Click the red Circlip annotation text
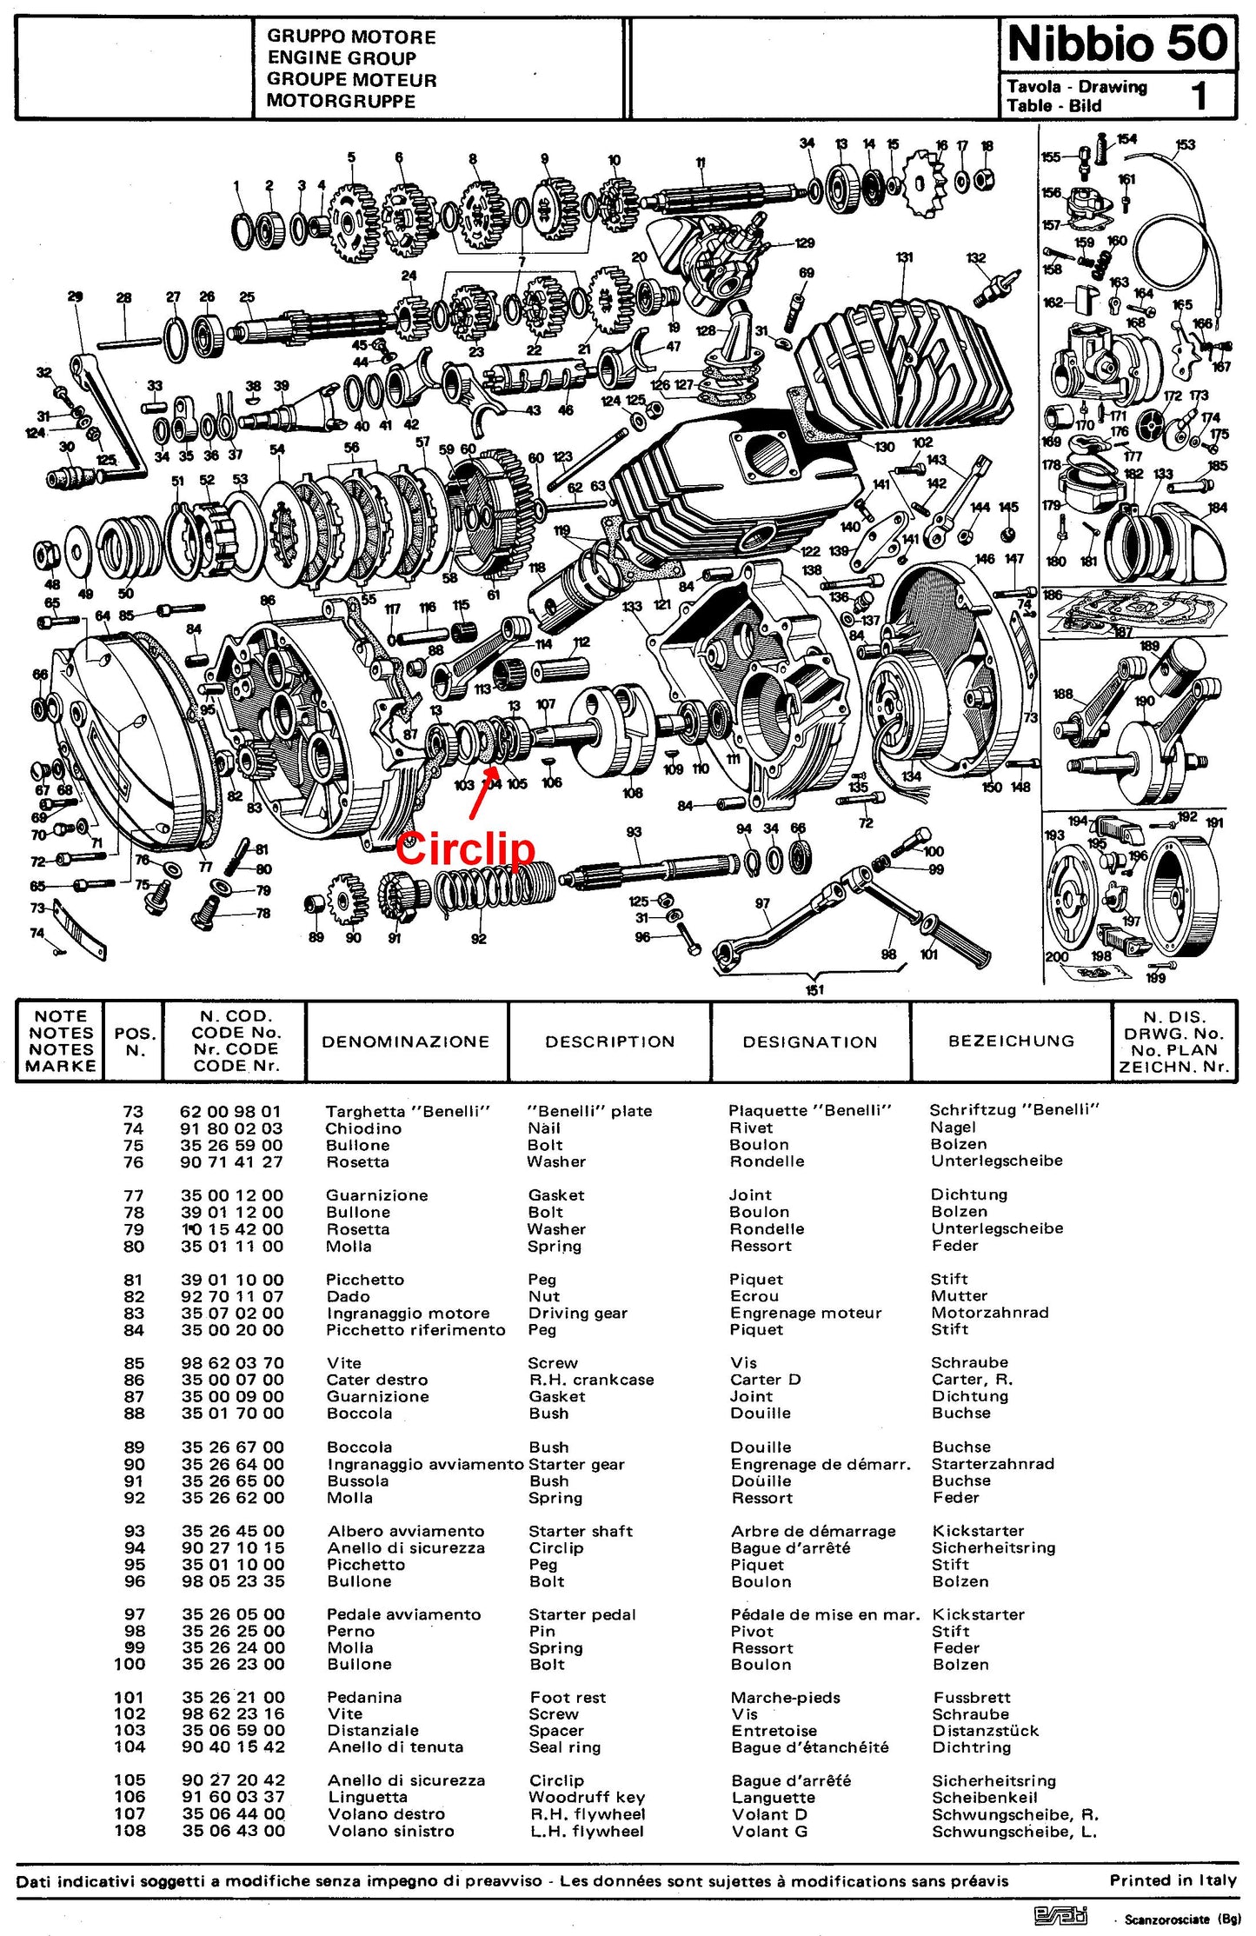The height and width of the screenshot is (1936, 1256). pyautogui.click(x=465, y=848)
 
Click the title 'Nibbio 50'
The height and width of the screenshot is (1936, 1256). pyautogui.click(x=1118, y=43)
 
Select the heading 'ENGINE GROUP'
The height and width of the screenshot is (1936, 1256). pyautogui.click(x=341, y=58)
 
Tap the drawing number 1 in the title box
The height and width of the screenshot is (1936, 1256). pyautogui.click(x=1200, y=96)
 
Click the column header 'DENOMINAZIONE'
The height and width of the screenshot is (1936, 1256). pyautogui.click(x=406, y=1041)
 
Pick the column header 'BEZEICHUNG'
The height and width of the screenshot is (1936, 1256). pyautogui.click(x=1011, y=1041)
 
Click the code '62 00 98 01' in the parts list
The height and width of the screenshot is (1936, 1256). pyautogui.click(x=230, y=1111)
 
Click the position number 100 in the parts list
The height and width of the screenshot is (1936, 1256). pyautogui.click(x=130, y=1664)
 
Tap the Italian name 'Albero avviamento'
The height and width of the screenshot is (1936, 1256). pyautogui.click(x=406, y=1531)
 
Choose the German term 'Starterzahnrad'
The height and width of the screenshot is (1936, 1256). pyautogui.click(x=993, y=1464)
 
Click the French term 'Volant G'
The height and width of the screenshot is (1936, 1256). pyautogui.click(x=769, y=1831)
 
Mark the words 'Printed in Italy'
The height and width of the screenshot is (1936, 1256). pyautogui.click(x=1173, y=1880)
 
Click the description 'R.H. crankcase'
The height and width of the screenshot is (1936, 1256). pyautogui.click(x=591, y=1380)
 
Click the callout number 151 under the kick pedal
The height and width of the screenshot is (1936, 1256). pyautogui.click(x=814, y=989)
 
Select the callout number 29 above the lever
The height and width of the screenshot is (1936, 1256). pyautogui.click(x=75, y=296)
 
